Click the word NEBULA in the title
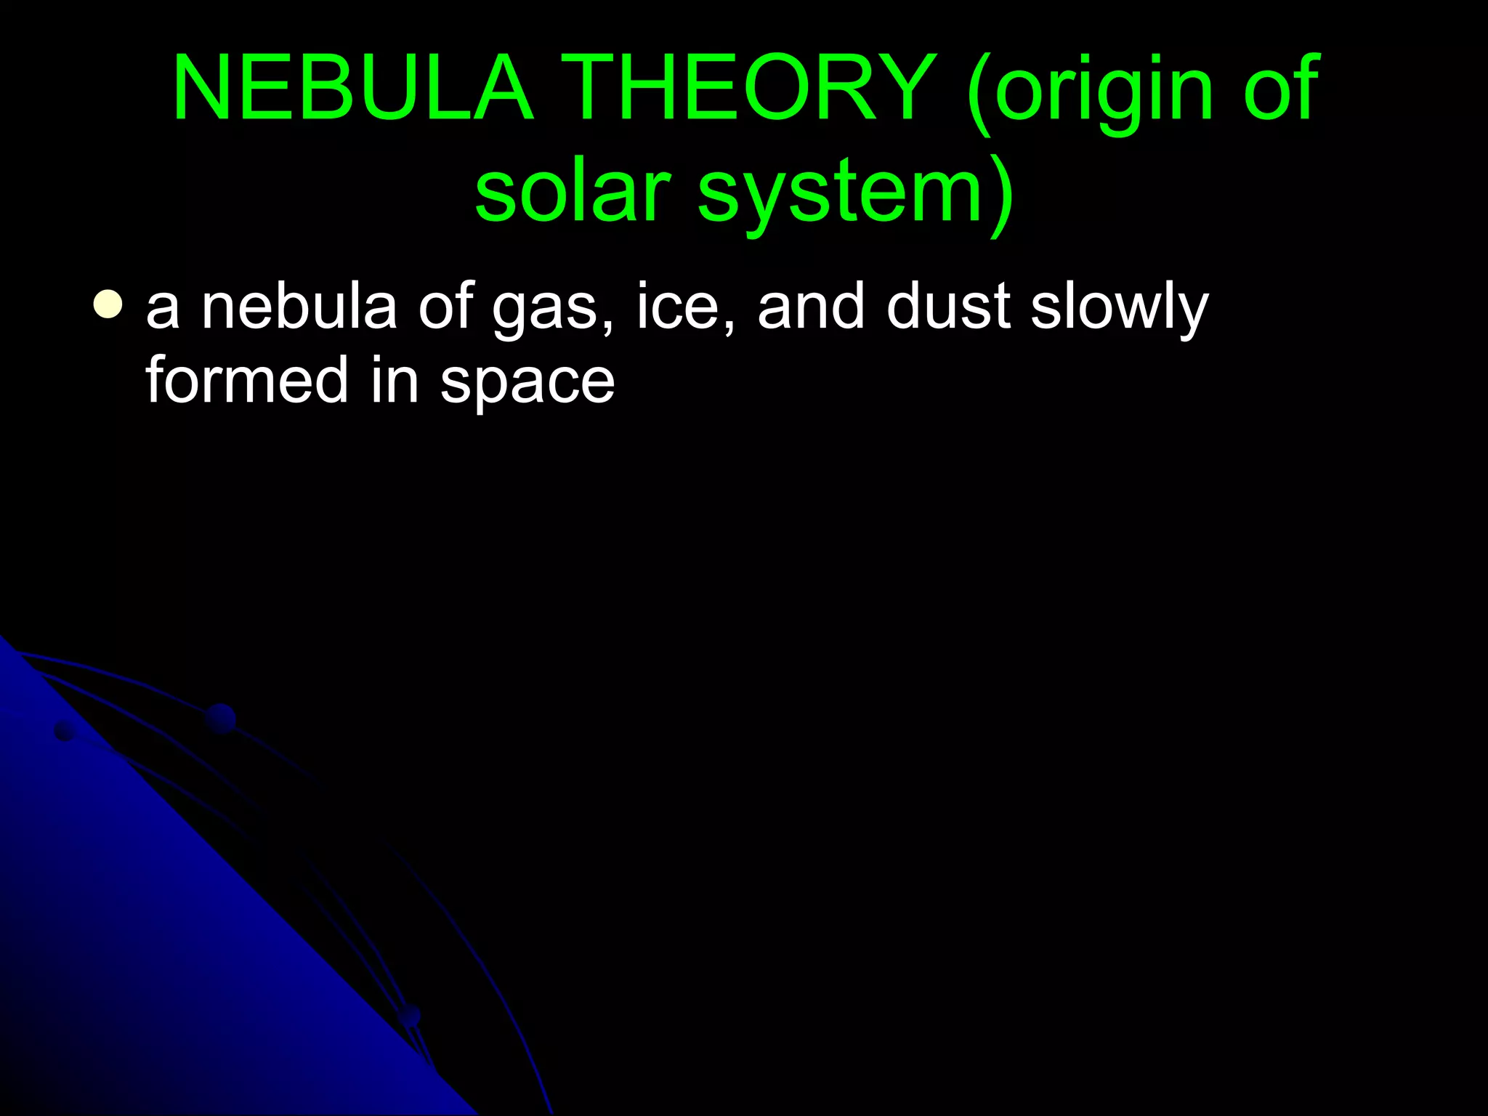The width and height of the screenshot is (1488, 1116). click(353, 89)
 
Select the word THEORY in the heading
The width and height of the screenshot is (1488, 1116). click(749, 89)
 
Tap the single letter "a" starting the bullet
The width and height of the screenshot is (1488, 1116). click(163, 309)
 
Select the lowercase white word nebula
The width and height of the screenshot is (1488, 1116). click(299, 306)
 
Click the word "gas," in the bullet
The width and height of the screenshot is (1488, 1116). click(553, 311)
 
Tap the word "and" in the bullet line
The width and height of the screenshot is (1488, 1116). click(811, 306)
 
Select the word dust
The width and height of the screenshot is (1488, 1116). click(948, 306)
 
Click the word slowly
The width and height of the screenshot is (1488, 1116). click(1120, 309)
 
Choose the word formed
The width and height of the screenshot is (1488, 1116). click(247, 380)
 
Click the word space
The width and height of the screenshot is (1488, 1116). click(527, 384)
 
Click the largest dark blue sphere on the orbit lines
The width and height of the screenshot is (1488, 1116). click(220, 718)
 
